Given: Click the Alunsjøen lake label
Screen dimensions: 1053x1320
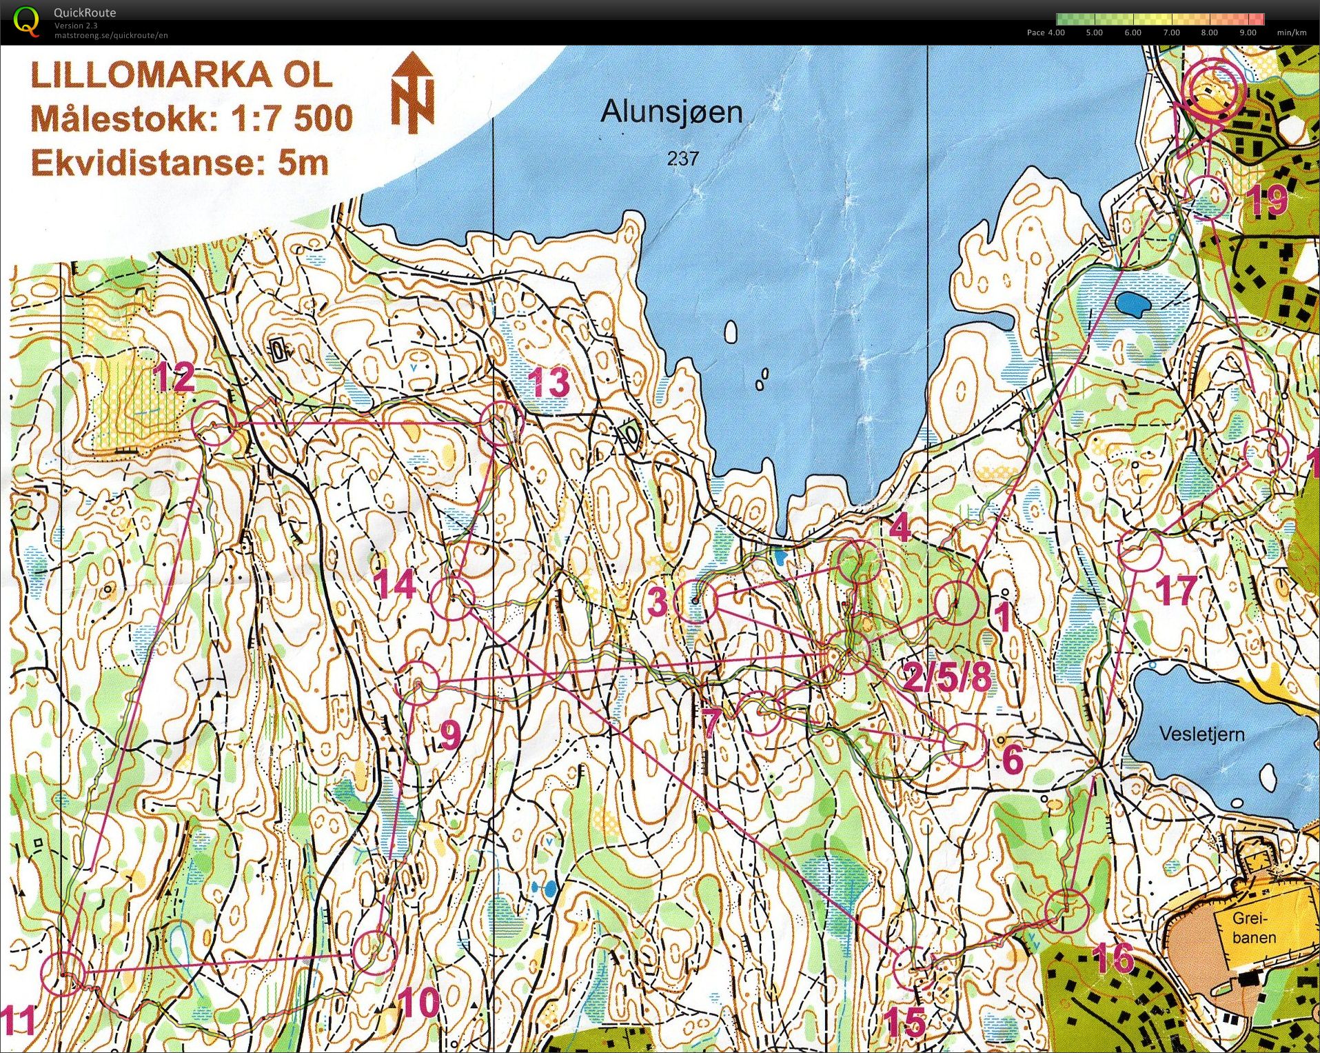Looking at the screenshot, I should pos(671,112).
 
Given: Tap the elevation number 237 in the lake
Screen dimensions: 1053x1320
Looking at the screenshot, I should pos(682,159).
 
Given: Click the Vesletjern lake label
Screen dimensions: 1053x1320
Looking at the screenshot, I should pos(1201,734).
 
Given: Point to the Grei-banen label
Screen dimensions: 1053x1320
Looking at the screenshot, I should pos(1254,928).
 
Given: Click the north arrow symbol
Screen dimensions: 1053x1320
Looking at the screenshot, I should pos(413,93).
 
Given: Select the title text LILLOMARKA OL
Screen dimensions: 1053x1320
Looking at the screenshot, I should pos(181,75).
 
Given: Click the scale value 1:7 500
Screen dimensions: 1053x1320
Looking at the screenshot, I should pos(291,119).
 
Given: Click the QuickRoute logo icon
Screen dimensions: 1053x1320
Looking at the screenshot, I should pos(26,21).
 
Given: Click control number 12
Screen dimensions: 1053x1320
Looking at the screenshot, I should pos(174,377).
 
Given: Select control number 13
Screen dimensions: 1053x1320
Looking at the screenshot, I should pos(549,383).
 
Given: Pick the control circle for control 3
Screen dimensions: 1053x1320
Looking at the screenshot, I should pos(695,601).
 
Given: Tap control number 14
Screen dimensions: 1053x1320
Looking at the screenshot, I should pos(395,585).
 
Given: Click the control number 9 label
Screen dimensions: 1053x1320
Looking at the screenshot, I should pos(449,734).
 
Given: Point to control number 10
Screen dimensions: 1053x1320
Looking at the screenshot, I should pos(418,1003).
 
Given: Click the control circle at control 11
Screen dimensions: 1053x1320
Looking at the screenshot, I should pos(63,973).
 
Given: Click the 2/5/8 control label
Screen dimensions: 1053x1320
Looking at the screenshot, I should pos(947,676).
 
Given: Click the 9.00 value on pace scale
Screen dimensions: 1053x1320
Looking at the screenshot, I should pos(1248,32).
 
